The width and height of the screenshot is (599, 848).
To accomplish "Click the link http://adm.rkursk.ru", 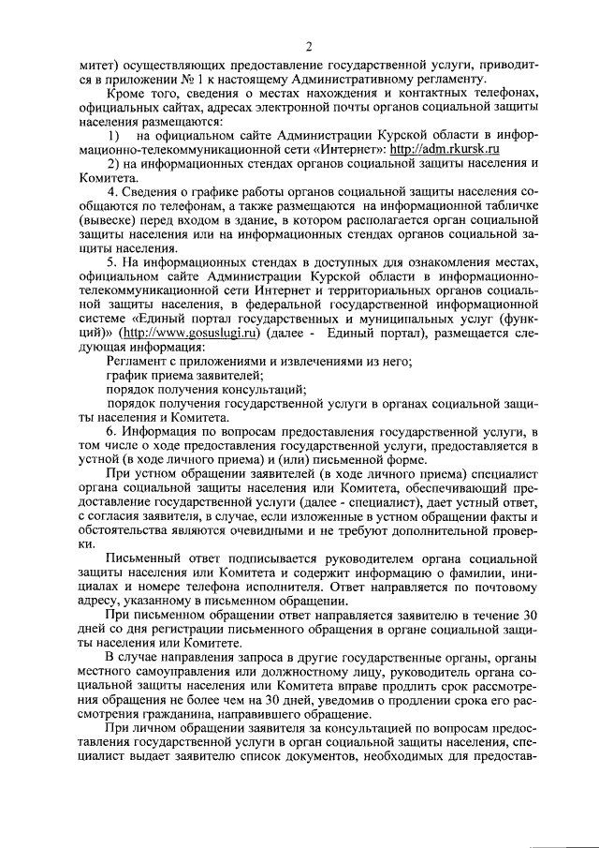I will [445, 149].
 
